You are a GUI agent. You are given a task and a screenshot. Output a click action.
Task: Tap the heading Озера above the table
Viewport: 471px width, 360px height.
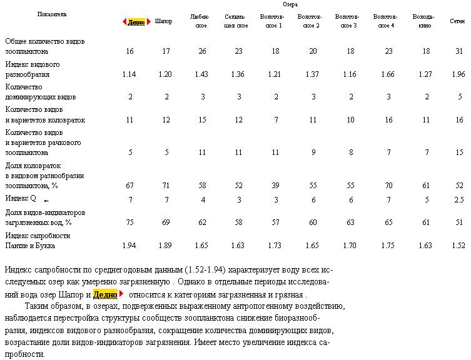click(291, 4)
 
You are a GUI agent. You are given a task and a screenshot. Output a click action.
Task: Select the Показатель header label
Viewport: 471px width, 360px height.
click(52, 13)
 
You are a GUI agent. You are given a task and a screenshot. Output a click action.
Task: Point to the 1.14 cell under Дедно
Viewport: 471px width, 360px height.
click(129, 74)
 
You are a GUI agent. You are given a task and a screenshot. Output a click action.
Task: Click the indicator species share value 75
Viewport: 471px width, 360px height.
click(129, 222)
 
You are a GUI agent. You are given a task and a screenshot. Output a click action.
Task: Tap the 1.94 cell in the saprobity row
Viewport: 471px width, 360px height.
click(129, 246)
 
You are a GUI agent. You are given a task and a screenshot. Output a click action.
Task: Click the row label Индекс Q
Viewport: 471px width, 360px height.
click(21, 199)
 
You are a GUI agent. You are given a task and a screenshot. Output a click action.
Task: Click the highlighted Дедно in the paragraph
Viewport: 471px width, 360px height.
click(105, 294)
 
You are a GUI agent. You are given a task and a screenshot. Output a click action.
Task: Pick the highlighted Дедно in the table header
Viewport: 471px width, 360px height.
click(136, 22)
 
